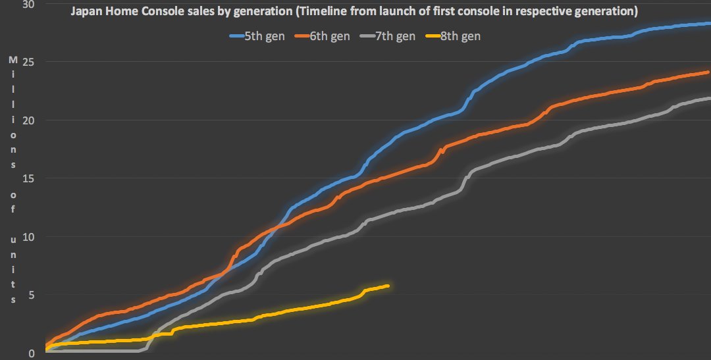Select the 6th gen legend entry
click(330, 36)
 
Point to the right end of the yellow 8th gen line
click(388, 286)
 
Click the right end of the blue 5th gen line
click(708, 24)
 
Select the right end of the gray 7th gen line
click(708, 98)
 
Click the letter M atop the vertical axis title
click(13, 60)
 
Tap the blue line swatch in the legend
click(236, 37)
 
